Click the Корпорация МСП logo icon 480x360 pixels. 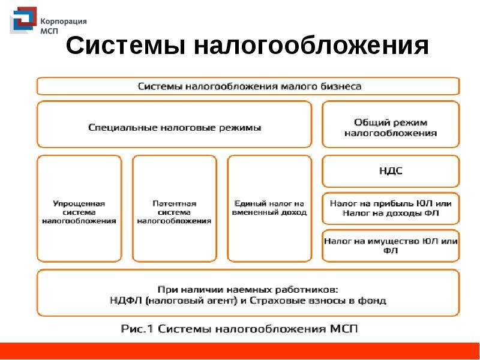coord(23,20)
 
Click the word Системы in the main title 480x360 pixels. coord(125,46)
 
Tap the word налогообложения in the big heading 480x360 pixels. coord(311,46)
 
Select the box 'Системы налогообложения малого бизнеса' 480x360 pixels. coord(248,86)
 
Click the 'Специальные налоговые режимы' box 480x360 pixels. coord(174,125)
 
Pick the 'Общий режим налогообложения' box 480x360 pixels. coord(391,125)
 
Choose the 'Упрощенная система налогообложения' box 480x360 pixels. coord(79,209)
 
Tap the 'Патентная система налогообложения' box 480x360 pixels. coord(174,209)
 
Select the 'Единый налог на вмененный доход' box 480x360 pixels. coord(269,209)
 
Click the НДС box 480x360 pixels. coord(391,172)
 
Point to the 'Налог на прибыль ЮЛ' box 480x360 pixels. coord(391,208)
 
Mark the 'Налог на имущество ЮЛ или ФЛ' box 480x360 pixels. coord(391,246)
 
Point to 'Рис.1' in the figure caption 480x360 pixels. coord(137,329)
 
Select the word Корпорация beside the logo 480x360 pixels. coord(64,22)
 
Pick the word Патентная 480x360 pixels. coord(174,203)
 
